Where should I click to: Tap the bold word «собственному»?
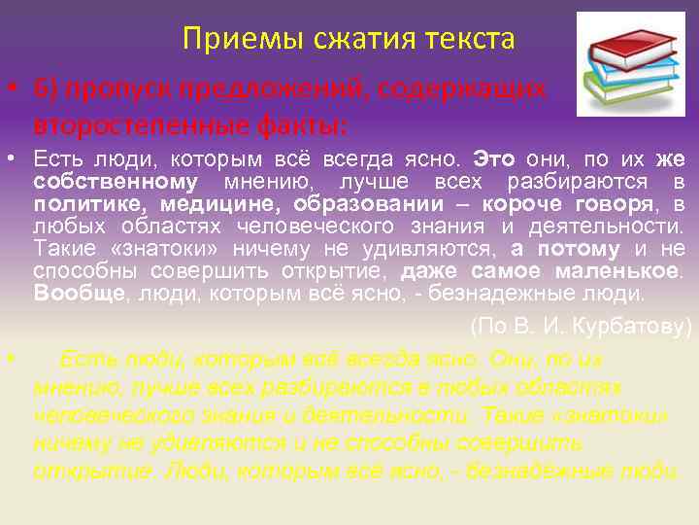pyautogui.click(x=115, y=182)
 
